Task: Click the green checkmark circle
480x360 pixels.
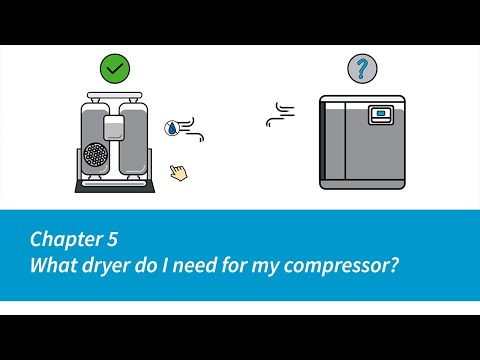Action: click(115, 69)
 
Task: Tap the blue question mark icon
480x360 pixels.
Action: click(362, 69)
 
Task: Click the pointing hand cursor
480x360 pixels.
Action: click(179, 173)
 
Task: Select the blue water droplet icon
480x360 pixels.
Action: click(171, 128)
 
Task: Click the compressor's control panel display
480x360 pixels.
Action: click(381, 115)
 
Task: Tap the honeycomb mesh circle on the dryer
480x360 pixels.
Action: click(96, 155)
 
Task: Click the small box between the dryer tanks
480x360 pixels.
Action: click(114, 128)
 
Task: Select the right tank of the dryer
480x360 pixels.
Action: click(133, 139)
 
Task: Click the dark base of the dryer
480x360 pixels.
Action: click(115, 186)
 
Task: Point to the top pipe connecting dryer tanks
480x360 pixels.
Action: click(115, 96)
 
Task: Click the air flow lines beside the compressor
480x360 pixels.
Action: click(281, 114)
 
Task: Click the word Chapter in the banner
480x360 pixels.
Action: click(67, 239)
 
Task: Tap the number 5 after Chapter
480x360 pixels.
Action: click(112, 239)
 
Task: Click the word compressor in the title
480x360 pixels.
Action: click(341, 266)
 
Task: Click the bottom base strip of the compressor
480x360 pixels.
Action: click(362, 185)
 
